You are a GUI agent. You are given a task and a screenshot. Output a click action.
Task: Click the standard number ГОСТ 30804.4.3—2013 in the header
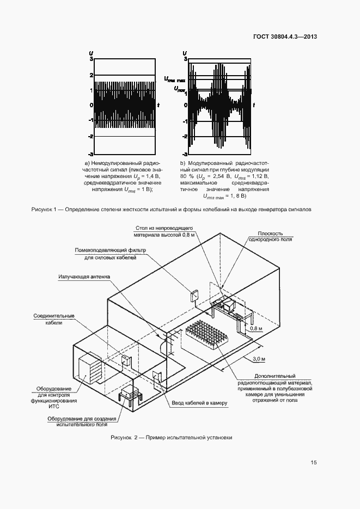point(285,37)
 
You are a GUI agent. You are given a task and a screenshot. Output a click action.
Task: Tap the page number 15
point(314,463)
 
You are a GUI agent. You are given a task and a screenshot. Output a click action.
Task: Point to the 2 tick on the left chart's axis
point(91,75)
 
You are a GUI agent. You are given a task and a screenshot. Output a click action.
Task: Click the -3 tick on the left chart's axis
point(90,155)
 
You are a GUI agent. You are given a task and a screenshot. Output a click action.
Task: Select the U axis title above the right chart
point(185,52)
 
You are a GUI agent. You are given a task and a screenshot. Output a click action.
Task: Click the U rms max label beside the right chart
point(174,80)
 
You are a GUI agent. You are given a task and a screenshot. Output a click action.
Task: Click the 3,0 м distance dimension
point(259,359)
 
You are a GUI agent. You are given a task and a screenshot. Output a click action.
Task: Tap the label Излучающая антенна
point(83,277)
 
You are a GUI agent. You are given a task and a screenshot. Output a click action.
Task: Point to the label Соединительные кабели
point(53,319)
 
